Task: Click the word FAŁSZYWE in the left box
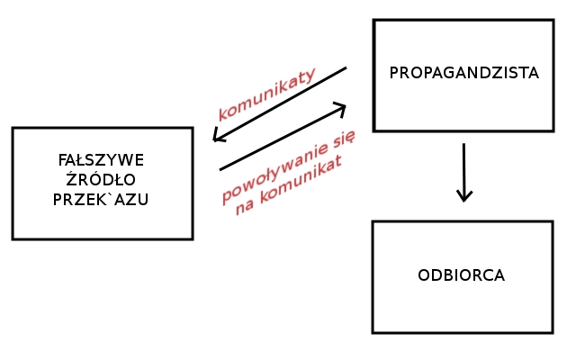tap(101, 160)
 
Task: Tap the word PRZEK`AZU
tap(101, 200)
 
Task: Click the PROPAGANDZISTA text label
tap(463, 74)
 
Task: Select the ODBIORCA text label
tap(461, 275)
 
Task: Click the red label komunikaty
tap(266, 94)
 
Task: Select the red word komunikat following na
tap(301, 184)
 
